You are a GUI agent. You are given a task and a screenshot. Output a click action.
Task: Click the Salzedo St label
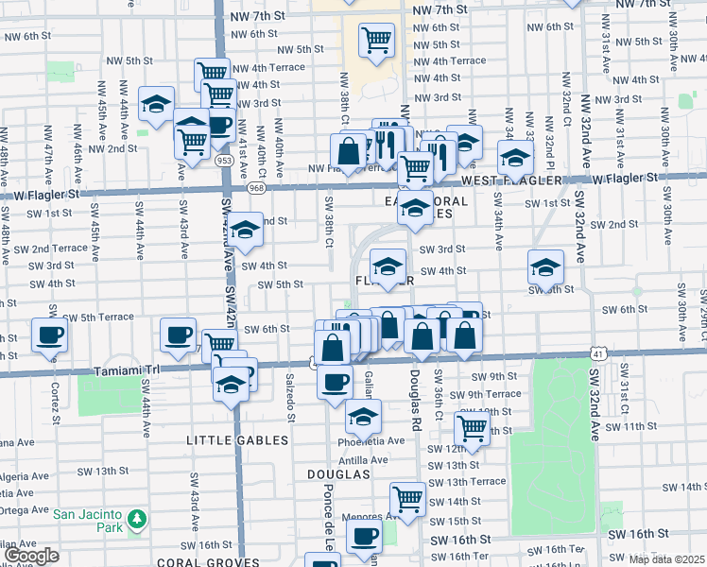click(x=291, y=397)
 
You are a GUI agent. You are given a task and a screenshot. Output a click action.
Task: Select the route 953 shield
click(x=224, y=161)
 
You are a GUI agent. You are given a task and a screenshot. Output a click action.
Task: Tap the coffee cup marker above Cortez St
click(x=50, y=334)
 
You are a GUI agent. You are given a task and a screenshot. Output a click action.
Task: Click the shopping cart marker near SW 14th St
click(x=408, y=497)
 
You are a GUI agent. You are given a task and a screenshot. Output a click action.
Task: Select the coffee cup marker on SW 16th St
click(x=363, y=536)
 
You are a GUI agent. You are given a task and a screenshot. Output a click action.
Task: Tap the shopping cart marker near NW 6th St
click(x=376, y=40)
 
